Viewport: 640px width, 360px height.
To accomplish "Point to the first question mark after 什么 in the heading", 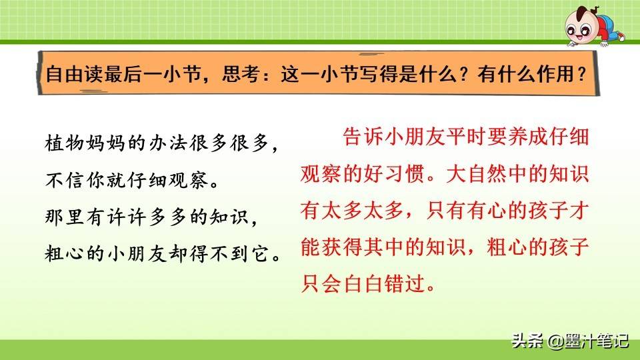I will tap(463, 73).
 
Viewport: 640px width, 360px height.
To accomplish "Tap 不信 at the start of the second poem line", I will tap(62, 181).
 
